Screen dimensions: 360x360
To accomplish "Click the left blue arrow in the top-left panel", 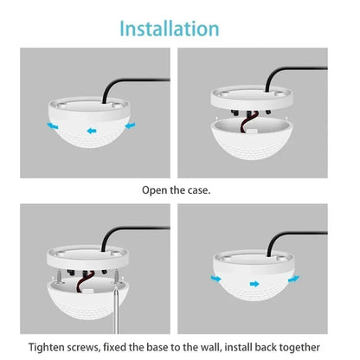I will pos(55,125).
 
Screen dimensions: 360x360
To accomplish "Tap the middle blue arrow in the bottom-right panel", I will pos(253,282).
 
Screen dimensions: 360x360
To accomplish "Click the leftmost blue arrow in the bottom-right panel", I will pos(213,279).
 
